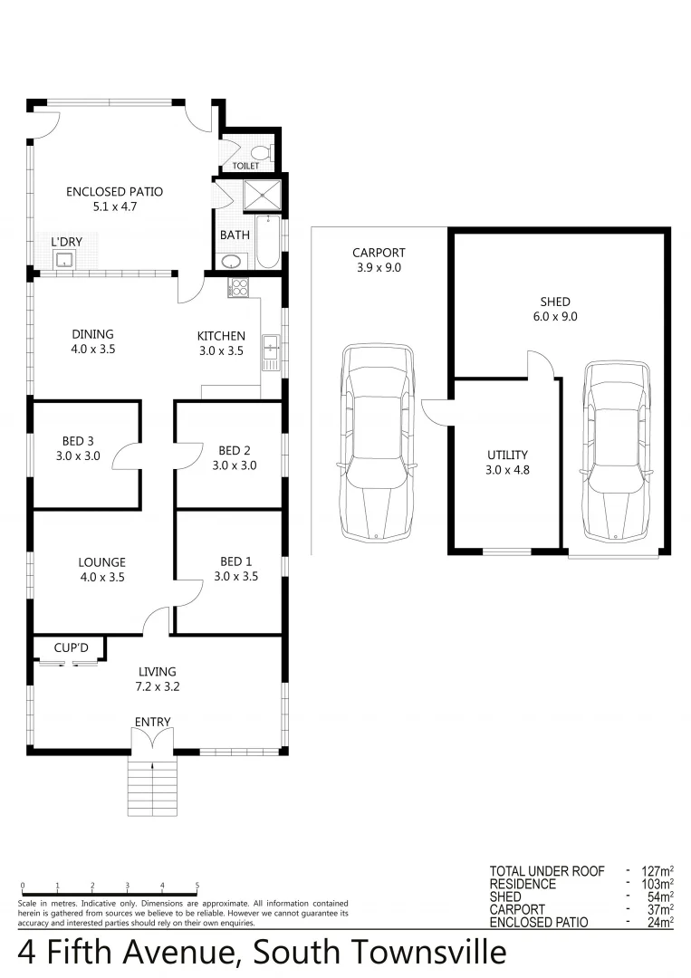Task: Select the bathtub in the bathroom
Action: pyautogui.click(x=268, y=242)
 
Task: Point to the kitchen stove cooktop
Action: pyautogui.click(x=238, y=287)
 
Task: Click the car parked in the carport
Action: pyautogui.click(x=377, y=441)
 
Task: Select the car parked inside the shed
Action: pyautogui.click(x=618, y=453)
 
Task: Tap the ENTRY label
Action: pyautogui.click(x=152, y=722)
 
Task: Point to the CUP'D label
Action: pyautogui.click(x=69, y=647)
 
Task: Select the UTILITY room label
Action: pyautogui.click(x=507, y=455)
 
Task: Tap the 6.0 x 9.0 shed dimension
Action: pyautogui.click(x=557, y=317)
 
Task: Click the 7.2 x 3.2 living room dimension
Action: pyautogui.click(x=157, y=686)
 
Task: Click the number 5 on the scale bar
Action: pyautogui.click(x=197, y=886)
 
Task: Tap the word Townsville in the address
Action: pyautogui.click(x=426, y=953)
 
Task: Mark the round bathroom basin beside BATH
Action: pyautogui.click(x=232, y=263)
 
